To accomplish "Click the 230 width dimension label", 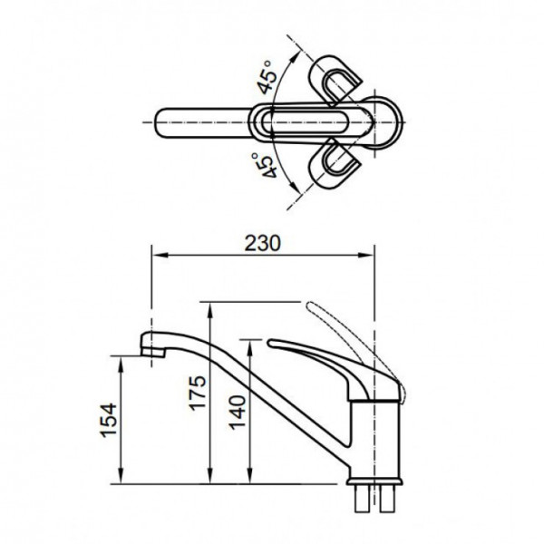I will coord(262,243).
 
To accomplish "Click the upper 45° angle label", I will coord(267,80).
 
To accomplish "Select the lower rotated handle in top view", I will coord(335,165).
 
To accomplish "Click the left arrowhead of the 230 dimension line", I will coord(154,257).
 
